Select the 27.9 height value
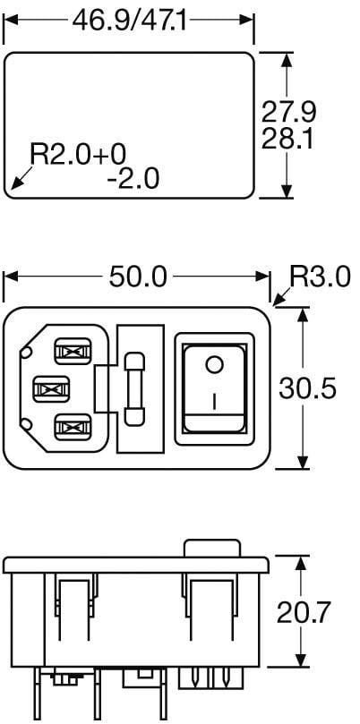(288, 113)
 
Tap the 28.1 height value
(288, 141)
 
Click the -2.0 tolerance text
(132, 179)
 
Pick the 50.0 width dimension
(138, 277)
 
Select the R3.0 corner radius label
(320, 277)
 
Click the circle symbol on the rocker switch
(214, 364)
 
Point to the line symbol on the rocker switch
(214, 401)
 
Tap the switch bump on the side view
(212, 547)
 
